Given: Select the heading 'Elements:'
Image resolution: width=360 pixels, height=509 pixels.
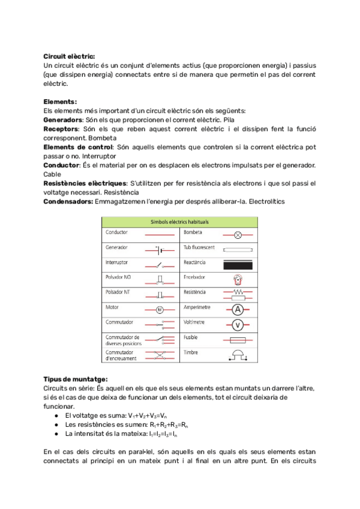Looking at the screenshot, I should [x=60, y=101].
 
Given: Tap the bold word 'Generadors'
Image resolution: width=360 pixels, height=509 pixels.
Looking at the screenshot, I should [x=62, y=119].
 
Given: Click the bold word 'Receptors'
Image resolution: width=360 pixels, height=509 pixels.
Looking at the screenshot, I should [x=61, y=128].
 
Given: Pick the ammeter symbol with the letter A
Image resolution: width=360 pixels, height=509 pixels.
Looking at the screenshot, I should [x=238, y=310].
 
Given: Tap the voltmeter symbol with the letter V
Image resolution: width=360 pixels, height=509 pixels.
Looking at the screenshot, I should [x=238, y=325].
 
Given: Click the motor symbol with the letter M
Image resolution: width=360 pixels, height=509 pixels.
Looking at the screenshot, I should [x=160, y=310].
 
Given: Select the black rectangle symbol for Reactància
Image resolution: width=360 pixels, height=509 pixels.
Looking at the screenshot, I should [x=238, y=264].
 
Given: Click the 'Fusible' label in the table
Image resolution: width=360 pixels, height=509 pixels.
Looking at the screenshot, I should [x=191, y=338].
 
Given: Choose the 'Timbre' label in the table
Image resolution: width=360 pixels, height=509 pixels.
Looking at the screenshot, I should [x=191, y=353].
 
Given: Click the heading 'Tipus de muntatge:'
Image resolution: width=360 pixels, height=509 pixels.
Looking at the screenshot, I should [x=76, y=379].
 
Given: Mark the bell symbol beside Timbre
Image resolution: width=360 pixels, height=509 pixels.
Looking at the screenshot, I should [x=238, y=355].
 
